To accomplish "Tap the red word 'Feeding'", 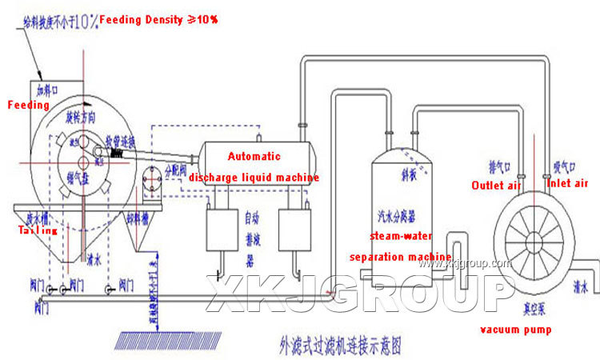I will pos(29,105).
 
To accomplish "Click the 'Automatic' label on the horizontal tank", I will pos(255,157).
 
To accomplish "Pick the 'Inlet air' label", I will pos(567,183).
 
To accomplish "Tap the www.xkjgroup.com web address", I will pos(459,263).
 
